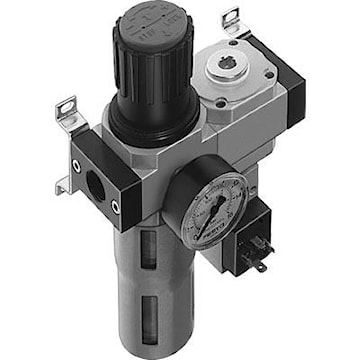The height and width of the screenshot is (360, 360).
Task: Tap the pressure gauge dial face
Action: point(216,209)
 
